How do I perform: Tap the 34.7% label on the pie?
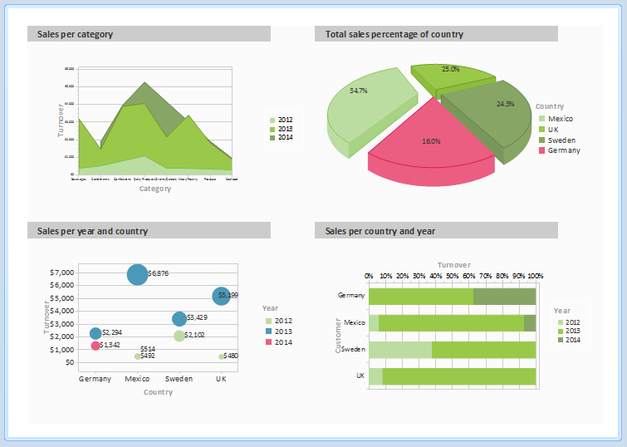(x=359, y=90)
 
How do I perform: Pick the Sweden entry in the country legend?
(x=561, y=140)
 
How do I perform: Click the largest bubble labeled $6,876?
(x=137, y=274)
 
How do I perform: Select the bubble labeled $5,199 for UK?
(x=222, y=295)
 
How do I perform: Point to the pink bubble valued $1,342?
(x=96, y=346)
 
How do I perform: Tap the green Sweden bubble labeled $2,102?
(x=179, y=336)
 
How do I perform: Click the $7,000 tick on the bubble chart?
(x=61, y=273)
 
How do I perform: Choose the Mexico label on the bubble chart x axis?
(x=137, y=379)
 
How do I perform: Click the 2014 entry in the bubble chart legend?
(x=283, y=342)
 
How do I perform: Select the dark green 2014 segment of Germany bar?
(x=504, y=297)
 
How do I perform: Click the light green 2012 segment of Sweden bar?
(x=400, y=350)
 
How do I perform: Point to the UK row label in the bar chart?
(x=360, y=376)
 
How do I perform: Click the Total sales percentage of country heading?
(x=394, y=34)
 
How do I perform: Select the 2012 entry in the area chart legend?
(x=285, y=120)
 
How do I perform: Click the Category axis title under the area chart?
(x=155, y=189)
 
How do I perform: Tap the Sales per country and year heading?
(x=380, y=231)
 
